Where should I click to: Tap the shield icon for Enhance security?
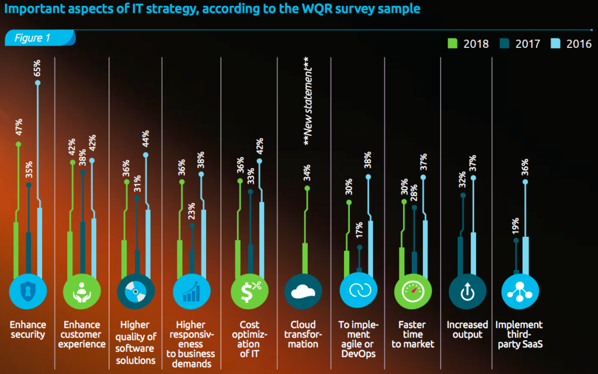click(27, 291)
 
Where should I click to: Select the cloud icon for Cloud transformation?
click(303, 291)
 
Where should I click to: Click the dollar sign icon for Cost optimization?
click(249, 291)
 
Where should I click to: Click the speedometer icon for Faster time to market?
click(412, 291)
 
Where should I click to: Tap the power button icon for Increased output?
click(466, 291)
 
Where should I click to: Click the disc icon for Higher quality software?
click(135, 291)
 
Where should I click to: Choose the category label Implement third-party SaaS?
click(519, 334)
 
